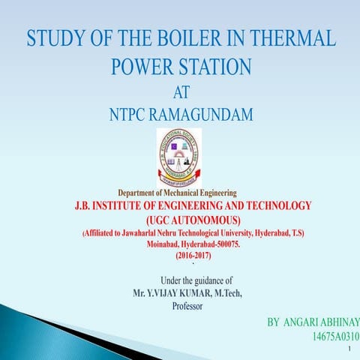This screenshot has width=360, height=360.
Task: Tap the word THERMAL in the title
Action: point(292,37)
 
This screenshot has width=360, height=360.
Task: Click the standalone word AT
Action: point(181,94)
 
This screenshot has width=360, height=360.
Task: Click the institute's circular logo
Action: point(180,154)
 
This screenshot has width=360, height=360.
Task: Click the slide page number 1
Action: point(350,350)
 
